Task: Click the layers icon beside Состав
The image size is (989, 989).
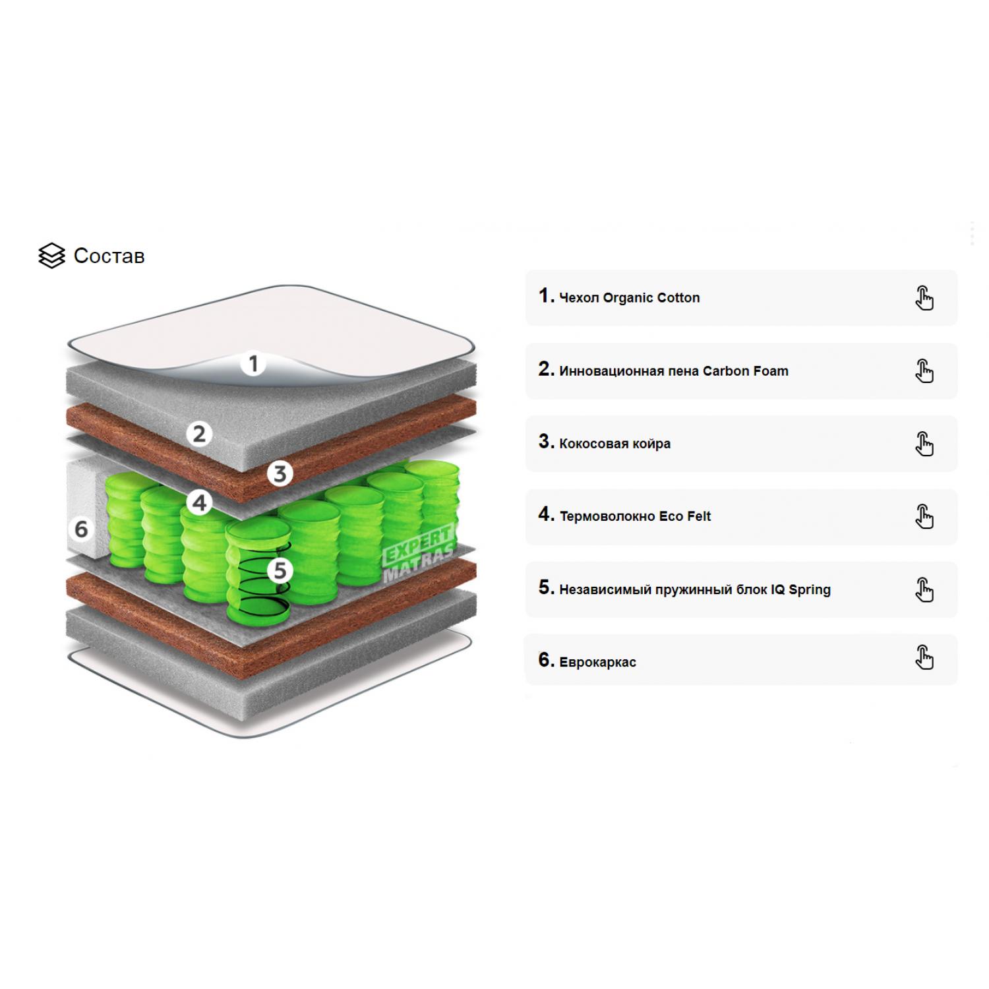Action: click(51, 256)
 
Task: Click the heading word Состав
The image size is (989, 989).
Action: click(109, 256)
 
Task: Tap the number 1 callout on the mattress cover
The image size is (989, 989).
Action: click(253, 363)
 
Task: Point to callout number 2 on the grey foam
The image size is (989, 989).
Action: click(199, 434)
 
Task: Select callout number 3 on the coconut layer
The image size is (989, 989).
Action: click(280, 473)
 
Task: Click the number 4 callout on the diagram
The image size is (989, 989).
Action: click(199, 503)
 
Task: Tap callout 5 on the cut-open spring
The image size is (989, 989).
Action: click(280, 570)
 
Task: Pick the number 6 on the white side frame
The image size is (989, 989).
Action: click(81, 529)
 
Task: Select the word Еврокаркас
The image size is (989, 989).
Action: click(598, 662)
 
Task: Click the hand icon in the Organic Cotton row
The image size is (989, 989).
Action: click(924, 298)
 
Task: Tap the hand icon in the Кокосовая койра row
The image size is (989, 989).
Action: click(924, 444)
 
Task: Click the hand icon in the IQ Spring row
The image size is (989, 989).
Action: click(924, 589)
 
